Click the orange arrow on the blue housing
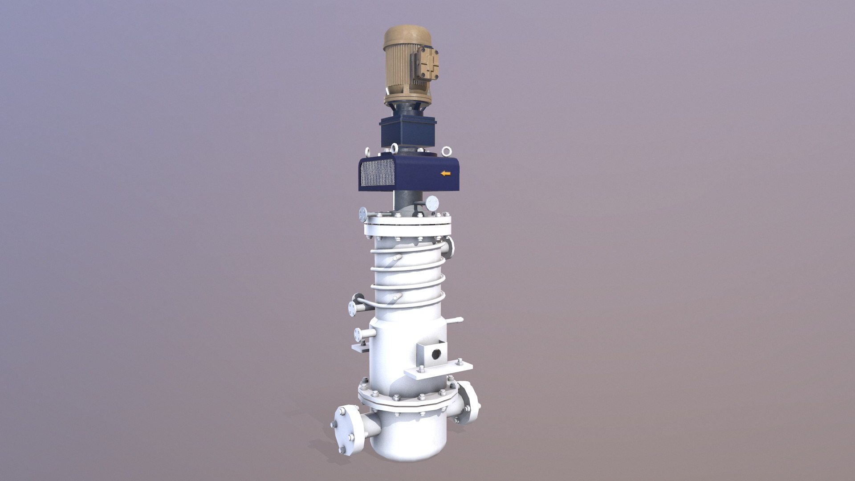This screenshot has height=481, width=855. [x=445, y=173]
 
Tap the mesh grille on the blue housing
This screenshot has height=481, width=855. [x=378, y=173]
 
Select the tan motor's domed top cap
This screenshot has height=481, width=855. [x=407, y=35]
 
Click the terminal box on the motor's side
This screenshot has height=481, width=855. [x=426, y=67]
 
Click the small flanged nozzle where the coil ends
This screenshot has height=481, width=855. [x=354, y=307]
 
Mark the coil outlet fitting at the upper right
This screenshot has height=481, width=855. [x=449, y=247]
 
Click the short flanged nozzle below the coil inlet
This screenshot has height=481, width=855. [x=358, y=334]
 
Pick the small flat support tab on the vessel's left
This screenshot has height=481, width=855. [x=360, y=347]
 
